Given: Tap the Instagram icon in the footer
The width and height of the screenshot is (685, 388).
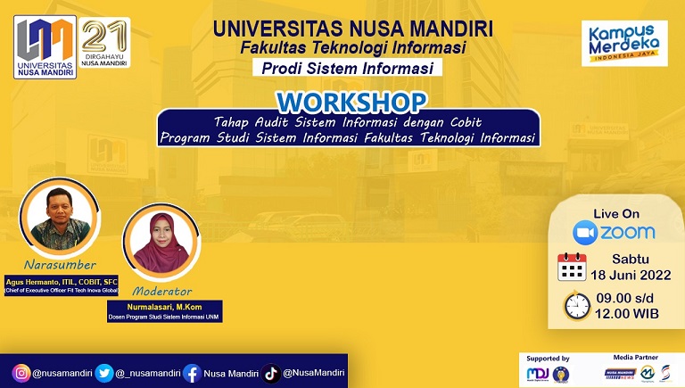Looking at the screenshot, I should (x=21, y=371).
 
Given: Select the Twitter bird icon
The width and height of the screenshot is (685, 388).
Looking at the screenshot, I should (x=103, y=371).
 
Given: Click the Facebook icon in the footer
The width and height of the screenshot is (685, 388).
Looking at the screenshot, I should (x=191, y=371).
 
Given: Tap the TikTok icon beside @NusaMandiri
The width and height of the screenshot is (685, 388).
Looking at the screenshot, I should (x=271, y=371).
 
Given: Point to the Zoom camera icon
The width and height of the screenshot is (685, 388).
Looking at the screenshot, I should (x=585, y=233).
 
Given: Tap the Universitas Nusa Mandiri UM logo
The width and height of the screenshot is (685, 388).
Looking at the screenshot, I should (x=45, y=46).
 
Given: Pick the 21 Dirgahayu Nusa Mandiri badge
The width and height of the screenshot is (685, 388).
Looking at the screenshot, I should (x=105, y=44).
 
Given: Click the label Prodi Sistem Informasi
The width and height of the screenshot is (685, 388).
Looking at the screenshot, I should (x=346, y=68).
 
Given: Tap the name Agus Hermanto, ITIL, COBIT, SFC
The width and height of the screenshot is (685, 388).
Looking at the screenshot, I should (x=62, y=280).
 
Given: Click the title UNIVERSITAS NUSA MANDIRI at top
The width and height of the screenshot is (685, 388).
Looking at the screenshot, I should (x=346, y=29).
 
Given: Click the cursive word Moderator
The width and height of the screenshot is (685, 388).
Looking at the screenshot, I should (x=161, y=290).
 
